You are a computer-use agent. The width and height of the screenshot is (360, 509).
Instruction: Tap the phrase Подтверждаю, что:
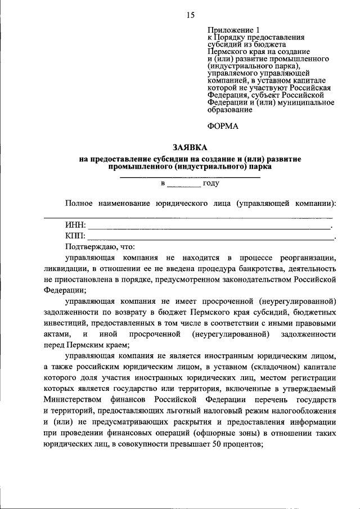pos(100,247)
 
